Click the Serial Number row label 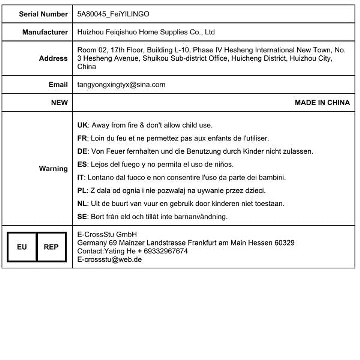point(43,14)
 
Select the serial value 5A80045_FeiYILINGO point(113,14)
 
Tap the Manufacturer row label point(45,32)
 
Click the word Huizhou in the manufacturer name point(90,32)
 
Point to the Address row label point(53,58)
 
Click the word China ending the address point(86,67)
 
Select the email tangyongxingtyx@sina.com point(121,85)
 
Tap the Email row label point(58,85)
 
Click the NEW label point(59,103)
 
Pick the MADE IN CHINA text point(322,103)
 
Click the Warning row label point(53,169)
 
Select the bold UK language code point(82,125)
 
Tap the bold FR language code point(82,138)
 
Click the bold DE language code point(82,151)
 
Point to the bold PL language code point(82,190)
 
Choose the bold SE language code point(82,217)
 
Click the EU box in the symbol point(22,247)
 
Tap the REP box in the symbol point(51,247)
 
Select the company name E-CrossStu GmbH point(107,235)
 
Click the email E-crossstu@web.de point(109,259)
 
